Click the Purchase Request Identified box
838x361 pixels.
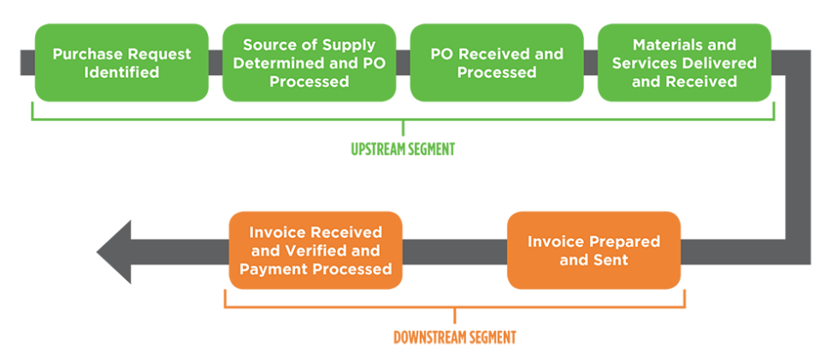[x=121, y=63]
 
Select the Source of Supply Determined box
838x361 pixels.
[x=309, y=63]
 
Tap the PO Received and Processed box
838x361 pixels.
[x=497, y=63]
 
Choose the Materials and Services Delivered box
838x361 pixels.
[x=684, y=63]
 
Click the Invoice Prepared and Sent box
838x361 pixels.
[x=593, y=250]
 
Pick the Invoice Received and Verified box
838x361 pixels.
[x=316, y=250]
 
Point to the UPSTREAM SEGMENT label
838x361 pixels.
[x=403, y=150]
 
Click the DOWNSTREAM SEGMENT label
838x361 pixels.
[x=454, y=337]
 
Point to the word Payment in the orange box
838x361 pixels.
[x=275, y=269]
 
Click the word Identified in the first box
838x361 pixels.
[x=121, y=73]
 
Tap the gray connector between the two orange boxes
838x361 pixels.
[x=454, y=252]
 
